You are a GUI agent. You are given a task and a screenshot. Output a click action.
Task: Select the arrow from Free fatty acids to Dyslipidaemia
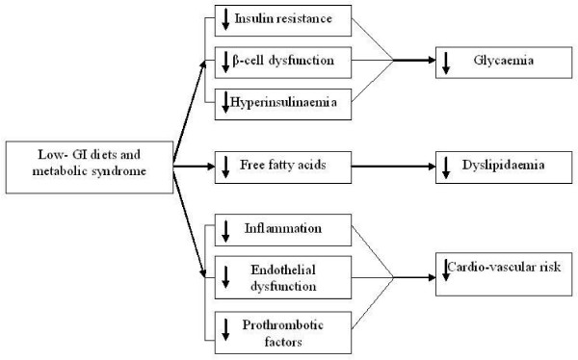pos(391,166)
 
